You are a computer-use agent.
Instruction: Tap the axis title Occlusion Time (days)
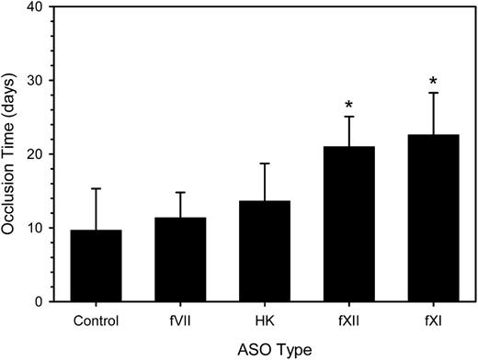point(13,154)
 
